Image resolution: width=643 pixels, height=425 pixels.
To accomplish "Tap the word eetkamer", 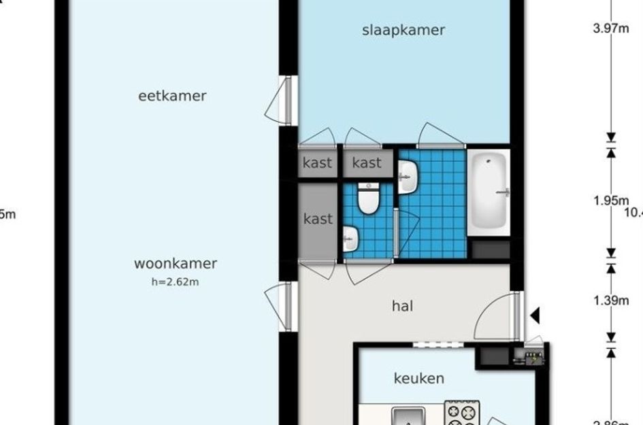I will click(172, 96).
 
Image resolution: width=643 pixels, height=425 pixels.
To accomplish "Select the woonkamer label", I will click(175, 264).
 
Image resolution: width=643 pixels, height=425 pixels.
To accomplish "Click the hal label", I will click(402, 306).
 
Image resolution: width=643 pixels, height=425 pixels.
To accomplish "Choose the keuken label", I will click(419, 379).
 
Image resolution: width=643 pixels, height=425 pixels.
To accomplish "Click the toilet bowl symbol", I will click(369, 200).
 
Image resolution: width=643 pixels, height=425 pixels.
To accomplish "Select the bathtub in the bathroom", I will click(488, 192).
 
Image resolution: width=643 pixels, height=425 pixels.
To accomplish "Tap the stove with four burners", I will click(463, 413).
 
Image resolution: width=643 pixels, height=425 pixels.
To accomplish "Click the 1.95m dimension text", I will click(611, 201).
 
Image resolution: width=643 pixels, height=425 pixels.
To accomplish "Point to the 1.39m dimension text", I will click(611, 301).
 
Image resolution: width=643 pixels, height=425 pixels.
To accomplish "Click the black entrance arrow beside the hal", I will click(535, 316).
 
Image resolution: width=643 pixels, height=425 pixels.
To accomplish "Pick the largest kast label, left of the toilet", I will click(318, 219).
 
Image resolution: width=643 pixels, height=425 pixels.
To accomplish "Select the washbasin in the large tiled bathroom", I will click(408, 177).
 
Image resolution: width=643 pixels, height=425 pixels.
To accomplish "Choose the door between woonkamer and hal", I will click(280, 306).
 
